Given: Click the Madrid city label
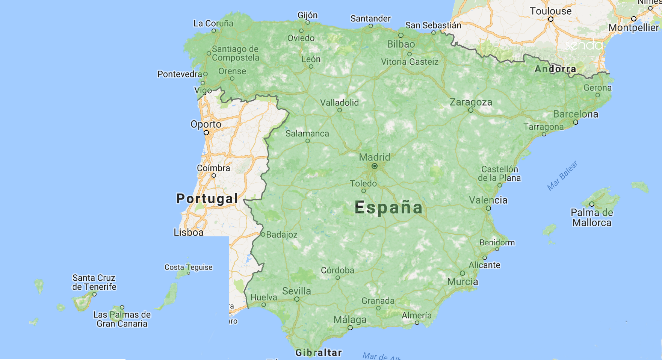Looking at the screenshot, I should (x=375, y=157).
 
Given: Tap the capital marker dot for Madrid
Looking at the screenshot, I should (x=375, y=166).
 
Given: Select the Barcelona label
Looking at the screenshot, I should (x=575, y=114).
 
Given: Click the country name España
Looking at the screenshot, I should (x=388, y=207).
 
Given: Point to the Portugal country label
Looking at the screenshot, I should (x=207, y=198).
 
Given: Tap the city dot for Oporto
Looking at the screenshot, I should (x=206, y=133).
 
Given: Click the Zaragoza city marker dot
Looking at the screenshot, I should (x=470, y=110).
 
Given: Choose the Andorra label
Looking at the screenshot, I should (x=555, y=69).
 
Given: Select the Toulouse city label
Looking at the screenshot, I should (x=550, y=11).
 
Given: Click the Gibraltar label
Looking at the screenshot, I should (x=319, y=352).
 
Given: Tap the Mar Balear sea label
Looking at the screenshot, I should (x=562, y=176).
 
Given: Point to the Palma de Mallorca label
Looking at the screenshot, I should (x=592, y=218).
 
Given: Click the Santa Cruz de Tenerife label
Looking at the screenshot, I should (x=94, y=282).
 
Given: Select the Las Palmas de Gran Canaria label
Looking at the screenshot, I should (x=122, y=319).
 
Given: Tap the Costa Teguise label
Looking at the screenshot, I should (x=188, y=267).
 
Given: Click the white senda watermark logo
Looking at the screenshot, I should (x=583, y=45).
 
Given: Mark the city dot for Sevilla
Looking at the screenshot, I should (x=297, y=299).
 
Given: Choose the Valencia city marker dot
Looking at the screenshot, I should (x=488, y=208).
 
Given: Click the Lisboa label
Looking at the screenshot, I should (x=189, y=232).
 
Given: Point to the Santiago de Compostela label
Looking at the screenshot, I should (x=236, y=53).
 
